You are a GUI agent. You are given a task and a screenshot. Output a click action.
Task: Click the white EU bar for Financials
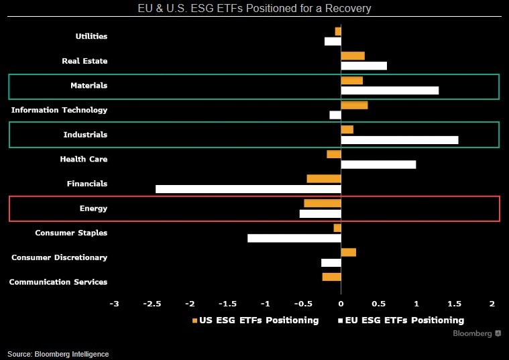(x=248, y=189)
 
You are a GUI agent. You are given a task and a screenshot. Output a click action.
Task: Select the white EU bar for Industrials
(x=400, y=140)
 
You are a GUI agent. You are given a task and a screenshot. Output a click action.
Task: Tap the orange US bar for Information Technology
(x=354, y=105)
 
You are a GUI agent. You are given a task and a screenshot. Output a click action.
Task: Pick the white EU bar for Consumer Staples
(x=294, y=238)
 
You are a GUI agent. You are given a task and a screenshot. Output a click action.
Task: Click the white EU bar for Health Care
(x=378, y=164)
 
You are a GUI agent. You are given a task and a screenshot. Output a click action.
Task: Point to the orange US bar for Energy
(x=323, y=203)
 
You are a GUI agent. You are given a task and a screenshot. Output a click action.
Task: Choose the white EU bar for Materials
(x=390, y=91)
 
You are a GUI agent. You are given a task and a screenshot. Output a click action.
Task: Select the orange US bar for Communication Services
(x=331, y=277)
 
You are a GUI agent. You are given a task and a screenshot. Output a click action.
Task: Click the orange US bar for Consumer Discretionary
(x=348, y=252)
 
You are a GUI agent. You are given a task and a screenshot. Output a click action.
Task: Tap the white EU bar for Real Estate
(x=363, y=66)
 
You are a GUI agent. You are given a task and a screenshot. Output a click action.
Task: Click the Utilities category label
(x=91, y=36)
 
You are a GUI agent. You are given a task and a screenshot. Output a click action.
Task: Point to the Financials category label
(x=87, y=184)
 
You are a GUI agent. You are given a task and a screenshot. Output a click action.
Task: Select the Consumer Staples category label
(x=71, y=233)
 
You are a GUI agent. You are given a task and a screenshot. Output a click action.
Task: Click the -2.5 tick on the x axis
(x=152, y=303)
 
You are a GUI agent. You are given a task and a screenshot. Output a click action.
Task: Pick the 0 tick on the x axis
(x=341, y=303)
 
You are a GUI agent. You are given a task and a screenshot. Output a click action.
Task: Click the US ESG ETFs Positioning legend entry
(x=256, y=320)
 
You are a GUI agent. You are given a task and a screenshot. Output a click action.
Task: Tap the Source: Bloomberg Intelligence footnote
(x=58, y=354)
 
